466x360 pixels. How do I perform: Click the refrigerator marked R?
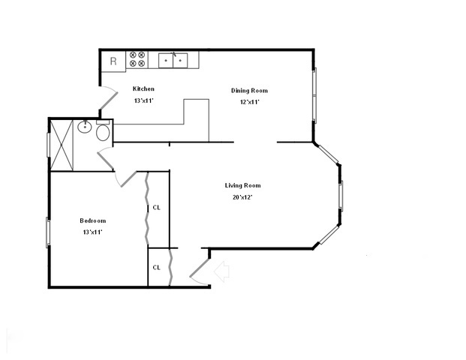tap(113, 61)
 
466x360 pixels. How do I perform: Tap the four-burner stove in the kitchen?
tap(137, 59)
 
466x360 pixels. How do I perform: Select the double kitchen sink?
tap(174, 58)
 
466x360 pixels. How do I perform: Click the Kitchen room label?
tap(143, 88)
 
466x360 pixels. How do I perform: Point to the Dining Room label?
tap(249, 91)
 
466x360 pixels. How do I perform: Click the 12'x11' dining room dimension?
tap(249, 102)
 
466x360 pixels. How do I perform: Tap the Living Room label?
tap(242, 185)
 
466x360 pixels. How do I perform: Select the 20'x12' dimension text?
tap(242, 197)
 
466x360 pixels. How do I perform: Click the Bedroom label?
tap(93, 220)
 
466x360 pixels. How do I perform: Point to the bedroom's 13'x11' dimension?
tap(93, 232)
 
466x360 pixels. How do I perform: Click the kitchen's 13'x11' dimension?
tap(143, 100)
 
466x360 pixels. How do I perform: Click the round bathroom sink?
tap(85, 127)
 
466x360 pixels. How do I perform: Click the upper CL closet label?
tap(156, 208)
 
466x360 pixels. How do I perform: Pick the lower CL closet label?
tap(156, 266)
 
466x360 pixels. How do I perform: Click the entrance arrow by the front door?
tap(221, 271)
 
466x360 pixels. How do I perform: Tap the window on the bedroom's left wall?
tap(48, 232)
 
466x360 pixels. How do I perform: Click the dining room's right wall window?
tap(315, 96)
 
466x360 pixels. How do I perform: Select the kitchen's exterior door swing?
tap(109, 97)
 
